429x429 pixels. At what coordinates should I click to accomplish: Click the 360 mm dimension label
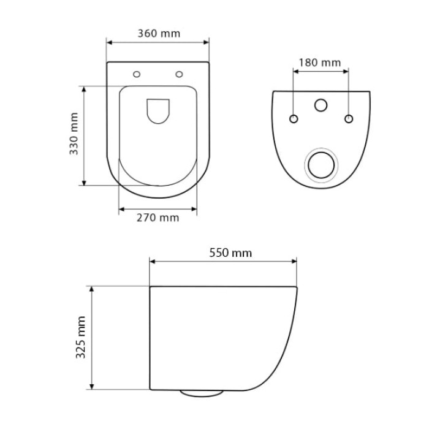(x=159, y=33)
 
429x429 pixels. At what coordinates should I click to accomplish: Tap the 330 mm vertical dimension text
(x=74, y=134)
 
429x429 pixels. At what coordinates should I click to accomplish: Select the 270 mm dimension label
(x=158, y=218)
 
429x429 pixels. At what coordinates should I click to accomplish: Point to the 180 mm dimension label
(x=319, y=63)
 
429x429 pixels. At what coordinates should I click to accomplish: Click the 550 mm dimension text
(x=230, y=252)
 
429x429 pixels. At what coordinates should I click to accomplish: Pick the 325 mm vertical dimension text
(x=81, y=337)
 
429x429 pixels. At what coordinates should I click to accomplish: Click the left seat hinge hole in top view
(x=137, y=74)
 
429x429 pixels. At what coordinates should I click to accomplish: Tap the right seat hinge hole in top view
(x=179, y=74)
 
